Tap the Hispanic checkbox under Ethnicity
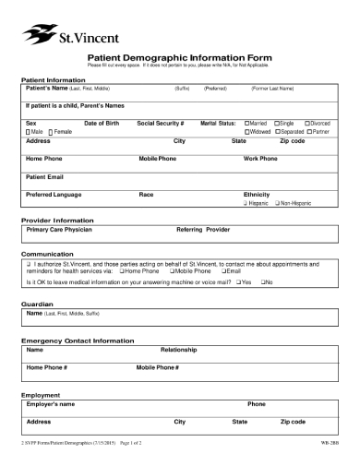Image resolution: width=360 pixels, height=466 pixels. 246,202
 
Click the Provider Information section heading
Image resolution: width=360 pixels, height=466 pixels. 57,221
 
